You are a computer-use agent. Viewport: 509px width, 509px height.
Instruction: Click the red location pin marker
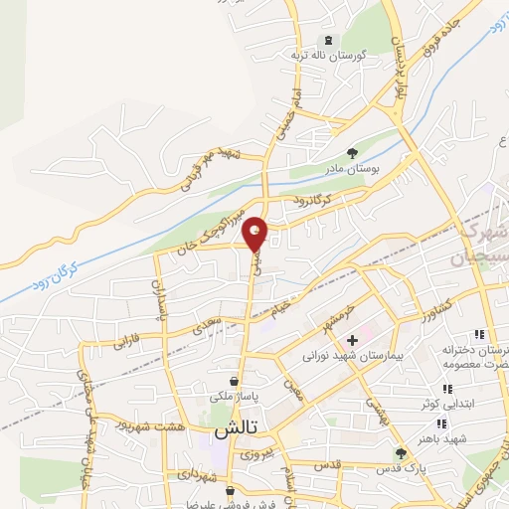256,233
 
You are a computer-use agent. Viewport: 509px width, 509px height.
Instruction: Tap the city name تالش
237,428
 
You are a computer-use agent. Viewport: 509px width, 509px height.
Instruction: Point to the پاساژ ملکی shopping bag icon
234,381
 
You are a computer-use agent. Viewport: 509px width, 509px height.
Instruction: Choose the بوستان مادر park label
352,169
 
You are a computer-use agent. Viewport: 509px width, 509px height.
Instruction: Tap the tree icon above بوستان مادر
352,152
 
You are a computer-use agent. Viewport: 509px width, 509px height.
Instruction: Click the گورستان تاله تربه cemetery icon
324,41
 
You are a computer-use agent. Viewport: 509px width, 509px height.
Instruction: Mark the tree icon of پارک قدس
402,452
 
